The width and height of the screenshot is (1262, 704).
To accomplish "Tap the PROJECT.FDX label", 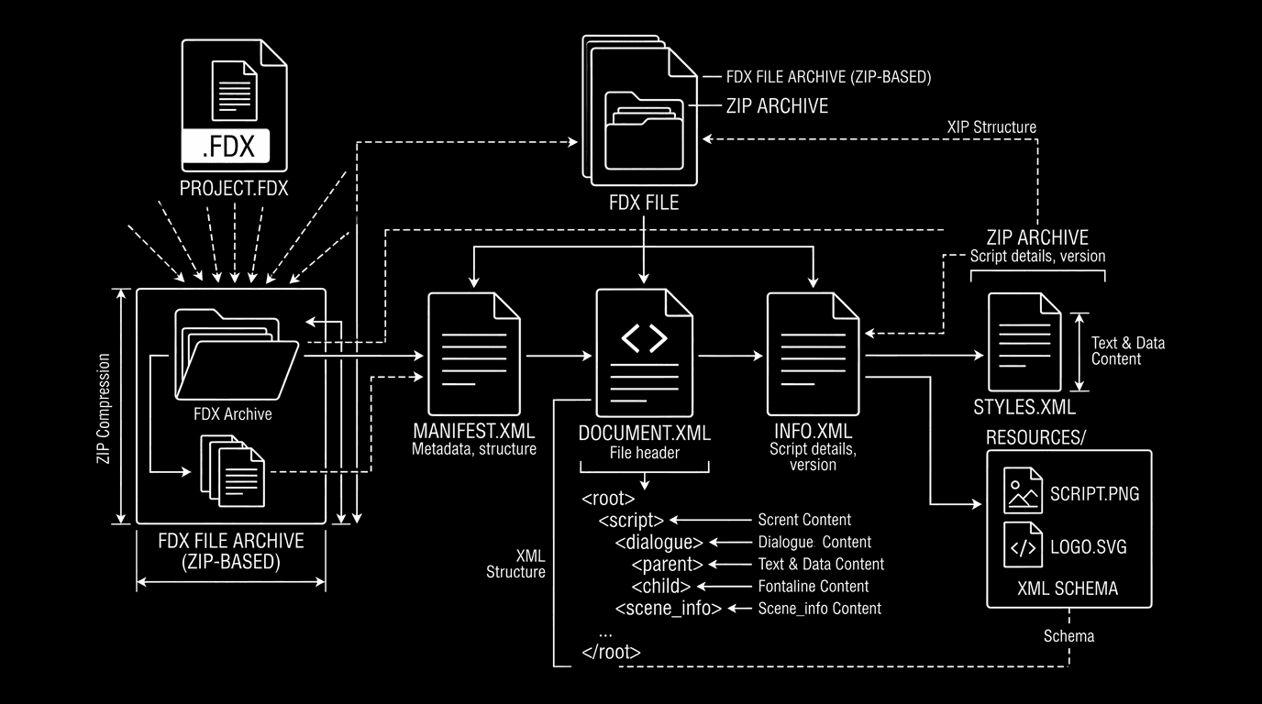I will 234,190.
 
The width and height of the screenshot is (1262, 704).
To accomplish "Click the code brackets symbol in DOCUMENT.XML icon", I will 644,337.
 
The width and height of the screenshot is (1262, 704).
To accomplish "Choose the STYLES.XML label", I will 1024,406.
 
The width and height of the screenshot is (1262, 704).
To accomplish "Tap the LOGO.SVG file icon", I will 1023,545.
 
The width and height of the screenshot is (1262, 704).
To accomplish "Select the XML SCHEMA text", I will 1068,588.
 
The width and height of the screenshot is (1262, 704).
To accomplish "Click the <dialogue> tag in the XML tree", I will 659,542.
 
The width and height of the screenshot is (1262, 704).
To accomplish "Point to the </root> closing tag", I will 611,653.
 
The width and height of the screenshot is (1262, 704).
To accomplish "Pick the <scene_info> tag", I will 668,608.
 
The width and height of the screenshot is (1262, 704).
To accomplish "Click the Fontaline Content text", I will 814,586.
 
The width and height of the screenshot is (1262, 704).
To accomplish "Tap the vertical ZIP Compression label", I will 105,407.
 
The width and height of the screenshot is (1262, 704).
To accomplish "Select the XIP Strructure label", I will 991,126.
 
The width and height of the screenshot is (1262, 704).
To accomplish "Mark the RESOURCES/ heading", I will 1035,437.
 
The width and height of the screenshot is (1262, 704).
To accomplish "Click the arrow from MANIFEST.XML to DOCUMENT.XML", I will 557,355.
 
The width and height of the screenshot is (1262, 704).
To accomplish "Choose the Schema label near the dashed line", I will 1068,635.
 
